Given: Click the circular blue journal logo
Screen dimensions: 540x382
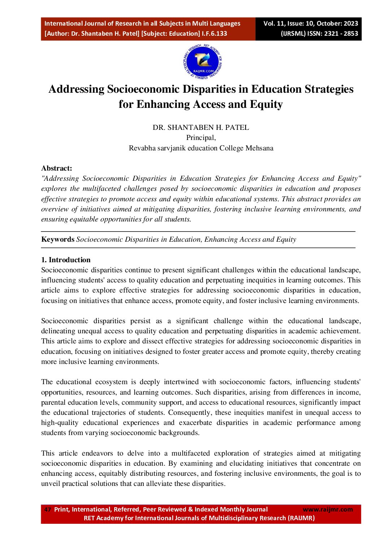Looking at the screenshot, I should (x=203, y=62).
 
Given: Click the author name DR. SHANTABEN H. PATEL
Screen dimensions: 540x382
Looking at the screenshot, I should (x=201, y=127).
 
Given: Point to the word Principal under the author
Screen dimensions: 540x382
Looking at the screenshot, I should (x=201, y=137).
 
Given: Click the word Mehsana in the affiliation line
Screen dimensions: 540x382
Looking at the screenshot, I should (x=259, y=148).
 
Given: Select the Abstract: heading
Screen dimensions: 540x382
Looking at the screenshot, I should (x=57, y=168).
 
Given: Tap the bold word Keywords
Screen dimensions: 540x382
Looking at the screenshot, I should (x=58, y=239).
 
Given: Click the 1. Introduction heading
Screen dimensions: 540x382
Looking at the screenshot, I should (x=66, y=260).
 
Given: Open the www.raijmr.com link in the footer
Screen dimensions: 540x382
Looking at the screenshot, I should (x=327, y=509).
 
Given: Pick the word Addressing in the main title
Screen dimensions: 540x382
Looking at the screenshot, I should (x=77, y=89).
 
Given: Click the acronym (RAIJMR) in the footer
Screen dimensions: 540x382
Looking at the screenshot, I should (x=301, y=518).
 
